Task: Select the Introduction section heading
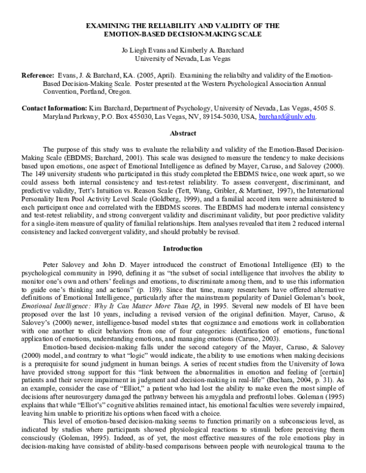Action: tap(183, 265)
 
